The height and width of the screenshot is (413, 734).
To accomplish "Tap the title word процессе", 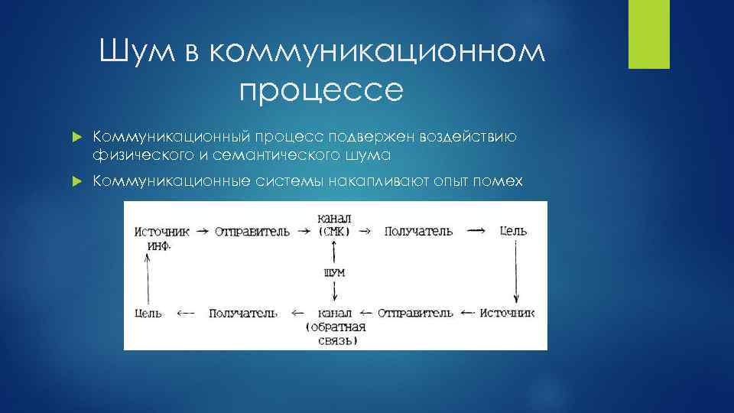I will coord(320,90).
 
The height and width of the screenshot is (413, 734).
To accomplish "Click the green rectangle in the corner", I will coord(648,34).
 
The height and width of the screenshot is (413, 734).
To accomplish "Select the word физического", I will coord(137,154).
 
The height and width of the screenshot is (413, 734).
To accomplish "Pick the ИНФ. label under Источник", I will coord(158,246).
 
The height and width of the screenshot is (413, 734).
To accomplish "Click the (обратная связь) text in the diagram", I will coord(334,333).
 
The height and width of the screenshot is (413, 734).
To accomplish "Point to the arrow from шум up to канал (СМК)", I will coord(334,251).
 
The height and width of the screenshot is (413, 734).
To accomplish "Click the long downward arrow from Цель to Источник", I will coord(517,272).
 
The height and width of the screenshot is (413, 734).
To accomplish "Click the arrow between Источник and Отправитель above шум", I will coord(203,230).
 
